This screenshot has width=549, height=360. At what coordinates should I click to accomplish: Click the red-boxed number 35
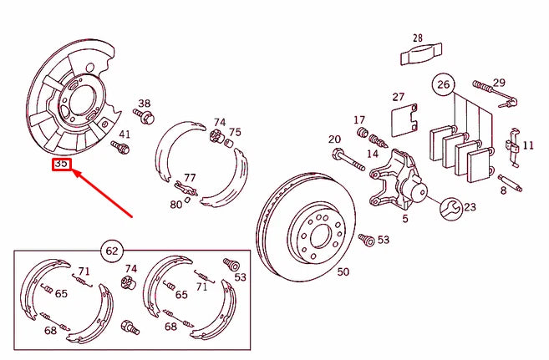pos(62,165)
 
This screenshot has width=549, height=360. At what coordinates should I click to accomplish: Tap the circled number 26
pos(443,84)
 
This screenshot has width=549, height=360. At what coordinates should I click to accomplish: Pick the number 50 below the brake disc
pos(343,271)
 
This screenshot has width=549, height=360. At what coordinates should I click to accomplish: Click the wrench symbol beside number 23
pos(448,208)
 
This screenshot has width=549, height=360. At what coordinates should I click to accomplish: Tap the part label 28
pos(417,38)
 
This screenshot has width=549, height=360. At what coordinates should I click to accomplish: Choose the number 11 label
pos(528,145)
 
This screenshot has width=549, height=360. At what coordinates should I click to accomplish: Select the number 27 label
pos(399,97)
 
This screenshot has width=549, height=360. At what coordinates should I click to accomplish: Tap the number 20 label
pos(334,139)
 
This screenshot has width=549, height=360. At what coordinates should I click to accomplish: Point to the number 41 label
pos(125,134)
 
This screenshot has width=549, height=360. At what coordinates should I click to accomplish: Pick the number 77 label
pos(190,178)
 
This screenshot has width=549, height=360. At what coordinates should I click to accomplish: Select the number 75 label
pos(235,132)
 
